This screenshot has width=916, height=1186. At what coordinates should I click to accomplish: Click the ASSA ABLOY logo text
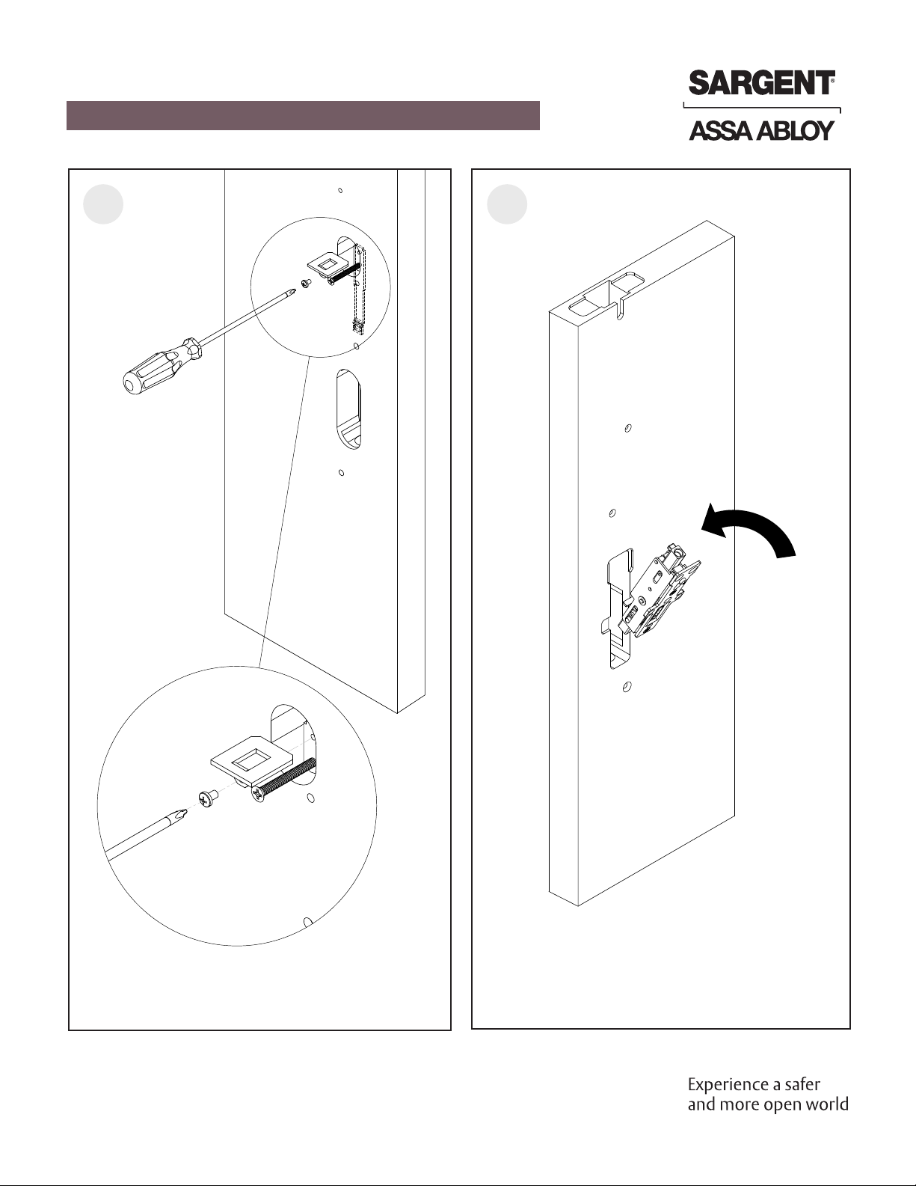click(760, 132)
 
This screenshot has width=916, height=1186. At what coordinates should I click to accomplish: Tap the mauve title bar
click(303, 116)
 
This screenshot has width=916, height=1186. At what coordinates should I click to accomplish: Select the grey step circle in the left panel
click(103, 204)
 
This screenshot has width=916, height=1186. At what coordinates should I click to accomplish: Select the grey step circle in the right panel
click(507, 204)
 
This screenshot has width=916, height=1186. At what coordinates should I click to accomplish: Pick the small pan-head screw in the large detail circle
click(207, 798)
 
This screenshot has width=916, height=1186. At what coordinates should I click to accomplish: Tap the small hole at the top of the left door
click(340, 190)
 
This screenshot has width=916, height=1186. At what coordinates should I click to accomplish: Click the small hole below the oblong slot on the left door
click(341, 473)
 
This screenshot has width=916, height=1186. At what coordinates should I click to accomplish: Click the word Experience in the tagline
click(723, 1084)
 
